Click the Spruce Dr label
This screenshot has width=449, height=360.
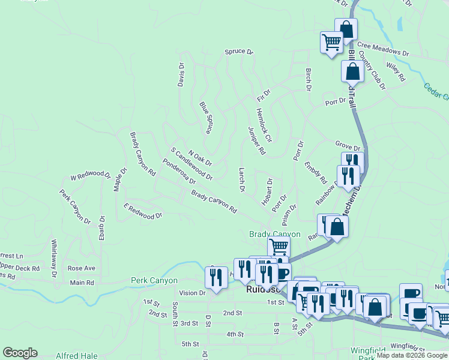[238, 52]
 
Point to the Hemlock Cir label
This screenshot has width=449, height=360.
[264, 125]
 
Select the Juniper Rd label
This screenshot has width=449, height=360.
[256, 141]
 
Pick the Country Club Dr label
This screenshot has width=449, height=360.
[372, 71]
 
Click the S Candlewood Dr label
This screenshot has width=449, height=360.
[191, 164]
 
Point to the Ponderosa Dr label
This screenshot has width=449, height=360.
[179, 172]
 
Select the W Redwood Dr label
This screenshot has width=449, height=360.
[91, 177]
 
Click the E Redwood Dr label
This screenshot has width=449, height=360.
[143, 211]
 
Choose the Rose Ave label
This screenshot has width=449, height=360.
[82, 268]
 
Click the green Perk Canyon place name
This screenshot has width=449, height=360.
[155, 280]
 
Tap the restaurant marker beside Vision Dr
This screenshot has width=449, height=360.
[214, 277]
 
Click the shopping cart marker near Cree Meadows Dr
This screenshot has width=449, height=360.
[331, 42]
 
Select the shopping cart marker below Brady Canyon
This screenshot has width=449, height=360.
[279, 246]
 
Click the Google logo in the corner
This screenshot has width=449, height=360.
[20, 353]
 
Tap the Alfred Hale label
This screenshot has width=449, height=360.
[76, 356]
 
